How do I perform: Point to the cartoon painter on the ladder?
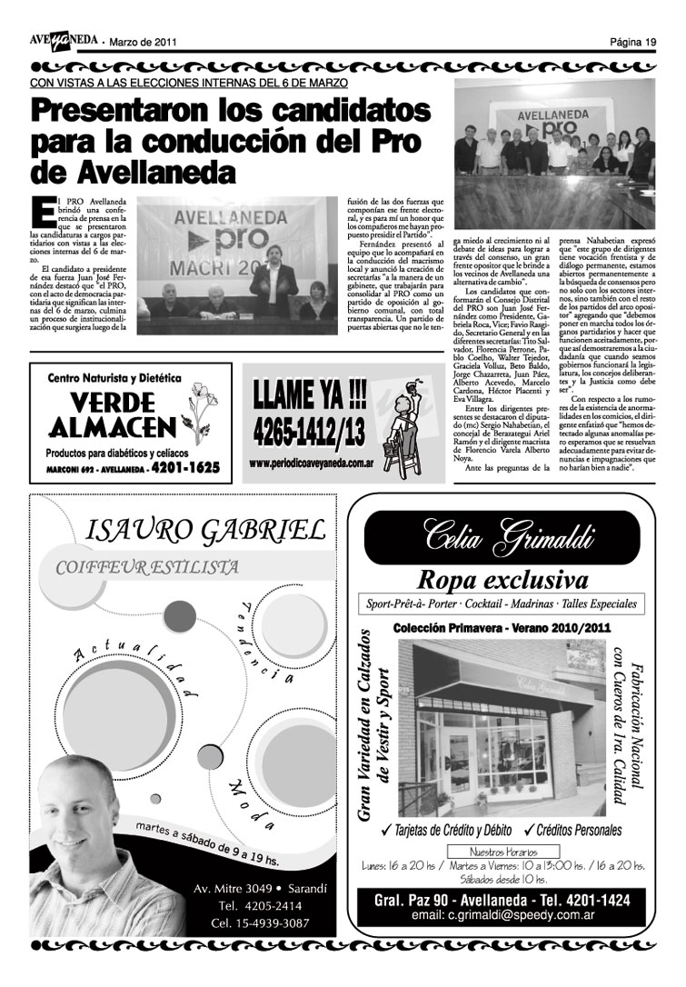[395, 431]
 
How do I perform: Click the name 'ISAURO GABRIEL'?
[204, 530]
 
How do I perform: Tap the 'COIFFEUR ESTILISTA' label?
[147, 567]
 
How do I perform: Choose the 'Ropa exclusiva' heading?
[502, 579]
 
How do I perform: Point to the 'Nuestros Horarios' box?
[502, 852]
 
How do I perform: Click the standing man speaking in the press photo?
[273, 273]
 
